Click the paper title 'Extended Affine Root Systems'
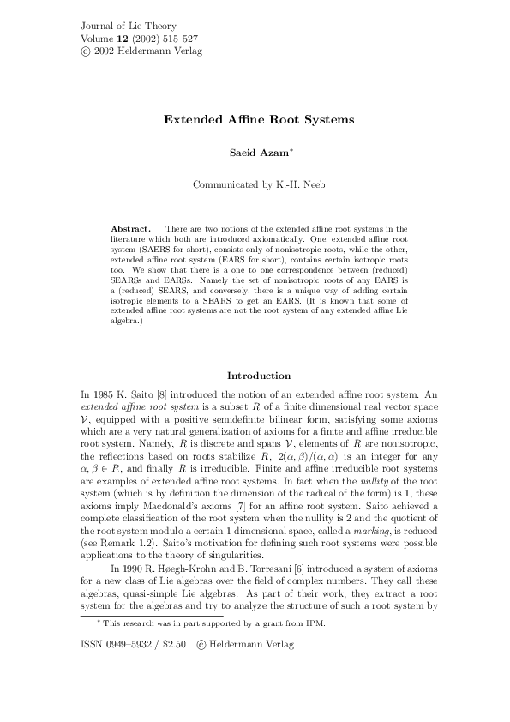point(259,120)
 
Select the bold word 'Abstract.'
point(131,230)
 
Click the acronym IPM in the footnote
point(311,648)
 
